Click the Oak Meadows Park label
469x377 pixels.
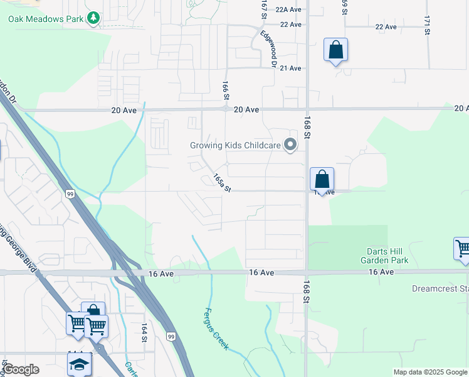click(45, 19)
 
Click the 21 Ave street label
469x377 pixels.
click(291, 68)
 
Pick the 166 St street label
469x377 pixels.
click(224, 90)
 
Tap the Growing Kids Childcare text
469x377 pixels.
click(235, 146)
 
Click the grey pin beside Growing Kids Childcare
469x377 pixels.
click(290, 145)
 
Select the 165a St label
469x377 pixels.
click(222, 183)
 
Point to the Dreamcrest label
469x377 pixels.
click(440, 289)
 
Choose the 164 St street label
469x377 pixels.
click(144, 332)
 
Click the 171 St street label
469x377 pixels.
click(427, 25)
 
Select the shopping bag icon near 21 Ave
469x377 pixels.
click(335, 50)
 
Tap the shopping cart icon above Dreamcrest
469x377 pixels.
click(463, 248)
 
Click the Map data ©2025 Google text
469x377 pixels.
click(430, 372)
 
